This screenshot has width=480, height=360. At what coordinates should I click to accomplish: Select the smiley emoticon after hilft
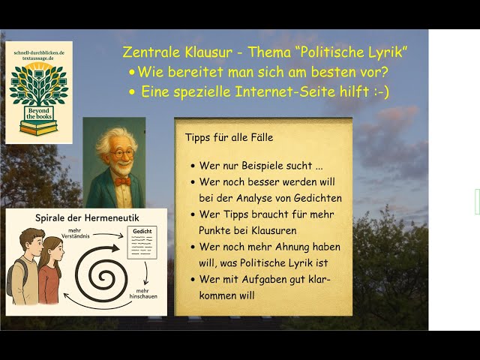coord(382,91)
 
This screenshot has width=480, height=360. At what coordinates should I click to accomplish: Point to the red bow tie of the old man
coord(122,181)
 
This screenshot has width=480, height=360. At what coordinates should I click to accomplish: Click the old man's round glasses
coord(121,153)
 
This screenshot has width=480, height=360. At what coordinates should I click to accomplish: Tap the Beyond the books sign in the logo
coord(38,113)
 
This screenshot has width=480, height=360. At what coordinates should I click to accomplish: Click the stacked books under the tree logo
coord(38,127)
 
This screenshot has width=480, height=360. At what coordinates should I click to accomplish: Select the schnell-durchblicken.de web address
coord(39,52)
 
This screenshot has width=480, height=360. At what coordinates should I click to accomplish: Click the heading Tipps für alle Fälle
coord(229,137)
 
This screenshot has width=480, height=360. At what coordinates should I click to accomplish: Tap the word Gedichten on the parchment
coord(318,198)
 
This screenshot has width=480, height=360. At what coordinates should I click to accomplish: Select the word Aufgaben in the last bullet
coord(265,280)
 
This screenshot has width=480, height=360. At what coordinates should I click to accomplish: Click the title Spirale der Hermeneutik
coord(87,218)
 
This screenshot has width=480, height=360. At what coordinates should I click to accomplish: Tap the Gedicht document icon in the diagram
coord(142,242)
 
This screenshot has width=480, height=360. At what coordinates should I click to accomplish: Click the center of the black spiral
coord(102,277)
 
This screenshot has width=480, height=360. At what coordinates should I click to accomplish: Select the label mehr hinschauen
coord(143,293)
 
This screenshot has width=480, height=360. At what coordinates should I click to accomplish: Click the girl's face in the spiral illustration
coord(58,252)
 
